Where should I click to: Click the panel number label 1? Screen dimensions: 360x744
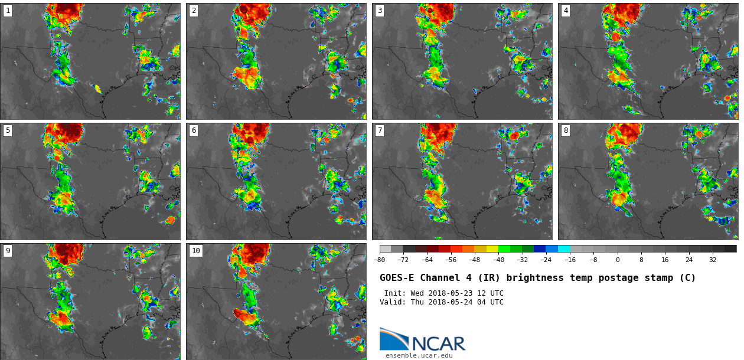(x=8, y=11)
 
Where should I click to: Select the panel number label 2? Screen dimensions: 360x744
(x=194, y=11)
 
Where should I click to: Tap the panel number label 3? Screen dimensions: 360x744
(x=380, y=11)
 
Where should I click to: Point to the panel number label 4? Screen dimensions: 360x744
(x=566, y=11)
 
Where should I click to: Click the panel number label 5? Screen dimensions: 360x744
(x=8, y=130)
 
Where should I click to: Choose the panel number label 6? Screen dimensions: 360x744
(x=194, y=130)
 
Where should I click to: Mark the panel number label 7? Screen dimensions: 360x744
(x=380, y=130)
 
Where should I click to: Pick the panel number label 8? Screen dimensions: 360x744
(x=566, y=130)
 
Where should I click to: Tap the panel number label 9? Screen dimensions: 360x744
(x=8, y=251)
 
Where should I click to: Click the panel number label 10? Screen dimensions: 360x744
(x=195, y=251)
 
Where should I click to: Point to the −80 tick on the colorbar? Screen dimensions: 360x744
(x=380, y=260)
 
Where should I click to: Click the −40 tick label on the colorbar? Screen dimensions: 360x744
(x=498, y=260)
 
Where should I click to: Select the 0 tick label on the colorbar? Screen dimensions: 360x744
(x=618, y=260)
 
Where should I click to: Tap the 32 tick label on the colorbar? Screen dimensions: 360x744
(x=713, y=260)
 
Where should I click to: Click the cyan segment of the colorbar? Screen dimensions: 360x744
(x=564, y=249)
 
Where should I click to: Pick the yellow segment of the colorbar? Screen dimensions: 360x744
(x=492, y=249)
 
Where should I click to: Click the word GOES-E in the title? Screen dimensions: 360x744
(x=396, y=278)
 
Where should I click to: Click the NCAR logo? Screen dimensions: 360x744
(x=422, y=340)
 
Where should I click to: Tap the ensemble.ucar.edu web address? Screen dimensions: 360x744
(x=419, y=355)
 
